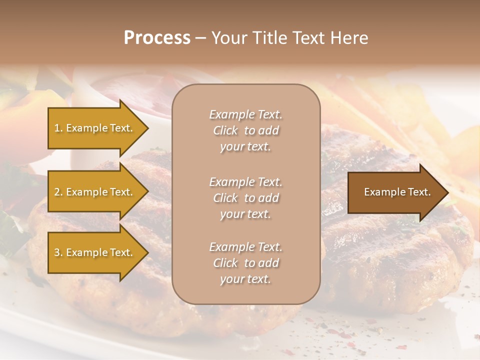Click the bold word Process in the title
(157, 38)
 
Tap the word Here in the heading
(349, 38)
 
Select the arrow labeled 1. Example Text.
(95, 128)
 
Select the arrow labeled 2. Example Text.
(95, 192)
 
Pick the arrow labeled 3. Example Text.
(95, 252)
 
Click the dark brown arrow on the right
(395, 192)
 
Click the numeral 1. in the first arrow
(58, 128)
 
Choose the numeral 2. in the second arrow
(58, 192)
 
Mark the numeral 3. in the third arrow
(58, 252)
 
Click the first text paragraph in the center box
(245, 130)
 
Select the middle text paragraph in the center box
(245, 198)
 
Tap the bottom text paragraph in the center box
(245, 263)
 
